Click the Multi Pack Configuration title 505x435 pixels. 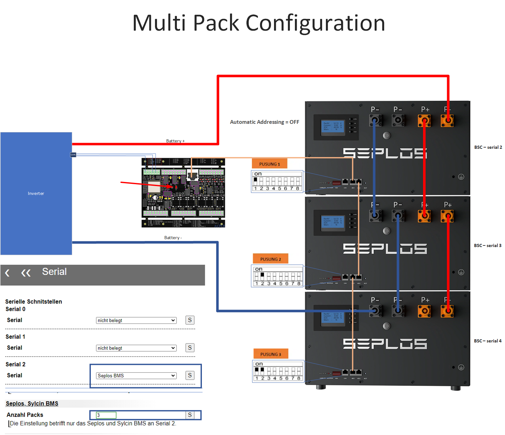coord(259,23)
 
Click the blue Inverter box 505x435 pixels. coord(36,193)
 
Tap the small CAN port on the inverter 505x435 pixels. coord(73,155)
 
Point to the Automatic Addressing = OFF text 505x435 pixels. coord(265,122)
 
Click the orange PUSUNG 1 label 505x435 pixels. coord(270,164)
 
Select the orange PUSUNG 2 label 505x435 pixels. coord(271,259)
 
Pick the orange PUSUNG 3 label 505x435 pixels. coord(271,354)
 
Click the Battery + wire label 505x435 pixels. coord(175,141)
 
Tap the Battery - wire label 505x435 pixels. coord(173,238)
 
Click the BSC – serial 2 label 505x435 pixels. coord(488,147)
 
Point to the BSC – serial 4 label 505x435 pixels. coord(488,341)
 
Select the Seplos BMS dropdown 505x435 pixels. coord(136,376)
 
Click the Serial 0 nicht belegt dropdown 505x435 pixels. coord(136,320)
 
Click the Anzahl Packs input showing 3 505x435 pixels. coord(106,415)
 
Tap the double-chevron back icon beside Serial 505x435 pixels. coord(26,273)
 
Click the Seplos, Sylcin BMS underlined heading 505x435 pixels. coord(32,403)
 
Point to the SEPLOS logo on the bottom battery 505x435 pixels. coord(385,344)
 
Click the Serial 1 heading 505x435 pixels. coord(15,337)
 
